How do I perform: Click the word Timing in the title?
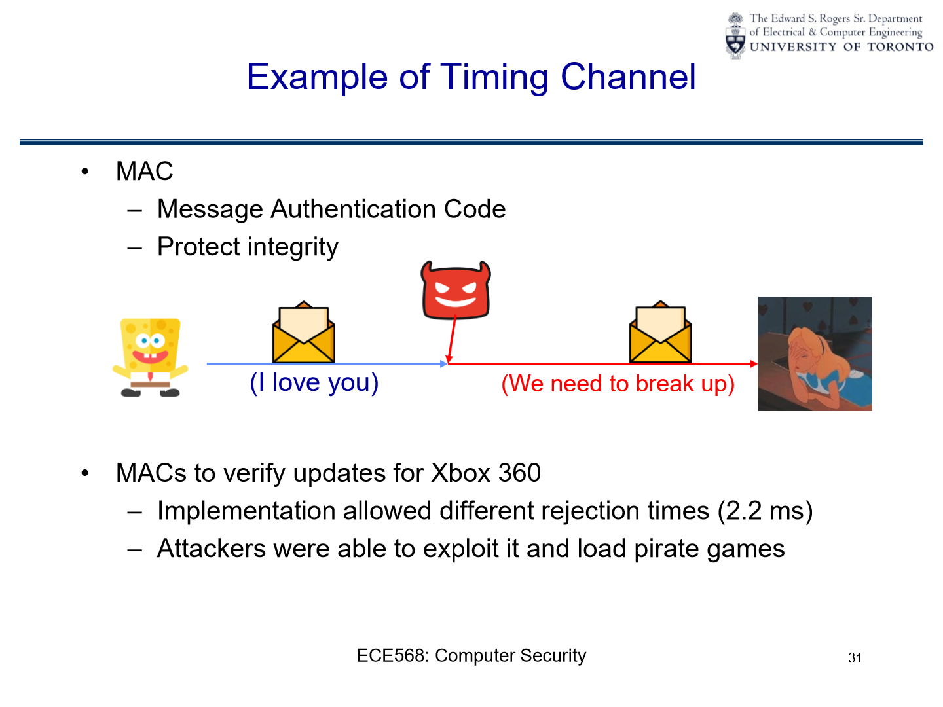494,77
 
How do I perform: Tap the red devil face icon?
456,291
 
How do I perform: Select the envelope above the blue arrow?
303,333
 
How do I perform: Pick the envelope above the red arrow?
660,333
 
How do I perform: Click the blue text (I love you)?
314,382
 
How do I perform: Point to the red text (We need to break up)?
618,384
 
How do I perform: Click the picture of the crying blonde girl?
815,353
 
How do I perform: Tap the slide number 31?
855,658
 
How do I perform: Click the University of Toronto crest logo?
736,36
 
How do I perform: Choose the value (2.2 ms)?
765,511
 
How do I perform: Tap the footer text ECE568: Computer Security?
471,655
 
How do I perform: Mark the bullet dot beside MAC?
84,172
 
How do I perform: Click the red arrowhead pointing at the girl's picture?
754,363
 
